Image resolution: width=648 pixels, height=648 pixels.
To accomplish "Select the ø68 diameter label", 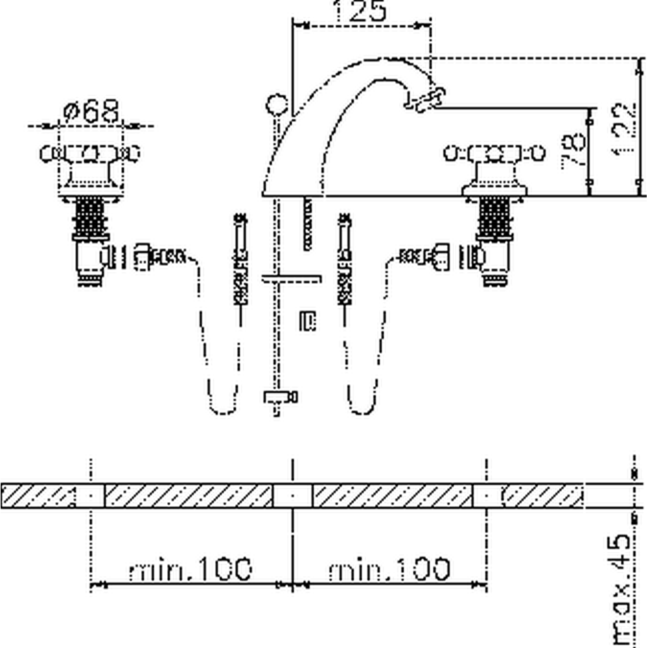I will pyautogui.click(x=92, y=111).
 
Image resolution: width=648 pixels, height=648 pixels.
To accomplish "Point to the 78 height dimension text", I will pyautogui.click(x=573, y=152).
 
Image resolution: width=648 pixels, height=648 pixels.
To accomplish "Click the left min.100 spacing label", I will pyautogui.click(x=190, y=570).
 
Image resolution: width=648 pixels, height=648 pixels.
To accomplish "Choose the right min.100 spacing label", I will pyautogui.click(x=389, y=570).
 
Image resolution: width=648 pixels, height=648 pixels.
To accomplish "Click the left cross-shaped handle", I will pyautogui.click(x=90, y=154).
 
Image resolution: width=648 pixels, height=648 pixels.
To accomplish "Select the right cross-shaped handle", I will pyautogui.click(x=494, y=154).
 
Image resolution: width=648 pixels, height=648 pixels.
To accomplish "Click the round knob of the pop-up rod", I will pyautogui.click(x=277, y=104).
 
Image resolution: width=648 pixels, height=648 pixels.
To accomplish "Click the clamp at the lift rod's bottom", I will pyautogui.click(x=279, y=397).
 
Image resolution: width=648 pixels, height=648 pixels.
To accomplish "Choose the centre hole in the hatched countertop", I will pyautogui.click(x=292, y=496).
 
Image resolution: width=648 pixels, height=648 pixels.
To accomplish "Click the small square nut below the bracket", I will pyautogui.click(x=307, y=321).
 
